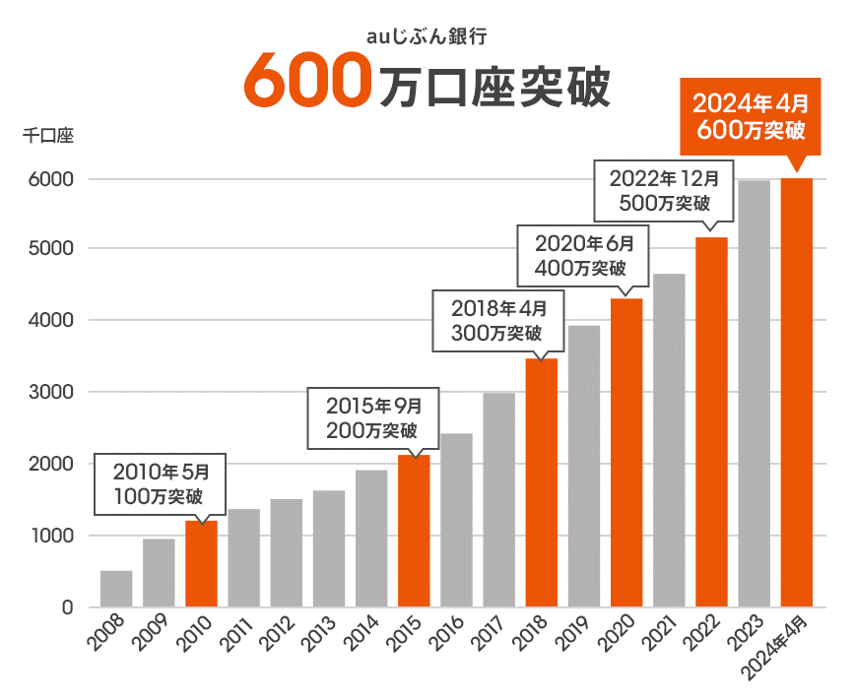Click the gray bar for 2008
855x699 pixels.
pos(116,589)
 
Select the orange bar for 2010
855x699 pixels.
pos(201,564)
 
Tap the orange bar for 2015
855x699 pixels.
pos(414,532)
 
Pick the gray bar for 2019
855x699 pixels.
pos(584,467)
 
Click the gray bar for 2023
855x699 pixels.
pos(754,394)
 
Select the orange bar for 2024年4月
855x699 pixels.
pos(797,393)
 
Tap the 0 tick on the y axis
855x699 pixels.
pos(68,607)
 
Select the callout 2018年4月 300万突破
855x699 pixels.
pos(497,320)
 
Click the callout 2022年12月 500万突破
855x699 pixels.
pos(665,191)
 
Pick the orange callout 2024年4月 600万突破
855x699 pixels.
pos(750,116)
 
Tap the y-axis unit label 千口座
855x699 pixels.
pos(48,136)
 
